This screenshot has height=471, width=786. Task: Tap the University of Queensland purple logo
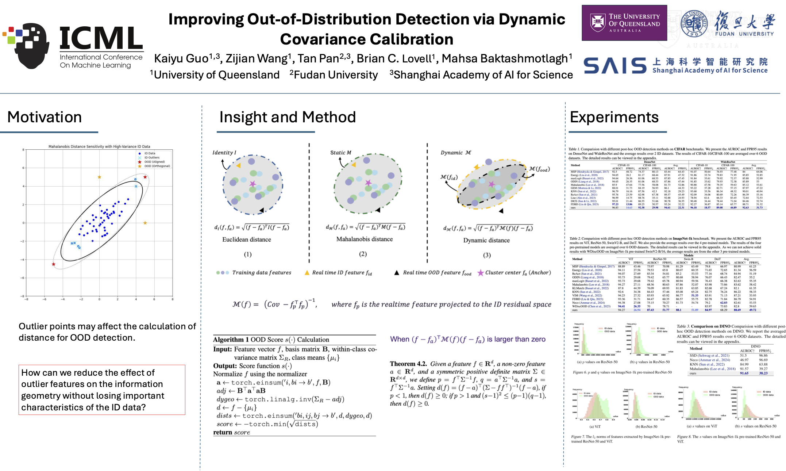624,23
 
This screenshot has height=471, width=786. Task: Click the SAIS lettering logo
615,66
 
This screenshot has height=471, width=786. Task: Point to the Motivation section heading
45,117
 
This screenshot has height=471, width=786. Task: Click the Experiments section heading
614,117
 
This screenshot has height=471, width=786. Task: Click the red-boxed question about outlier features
102,390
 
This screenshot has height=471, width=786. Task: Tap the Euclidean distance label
247,240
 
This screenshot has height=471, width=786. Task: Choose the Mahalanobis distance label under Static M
365,239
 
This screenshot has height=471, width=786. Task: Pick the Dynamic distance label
486,240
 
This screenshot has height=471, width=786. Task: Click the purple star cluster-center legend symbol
481,273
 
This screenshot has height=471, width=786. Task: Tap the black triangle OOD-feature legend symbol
397,273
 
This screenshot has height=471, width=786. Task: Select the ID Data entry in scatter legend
149,154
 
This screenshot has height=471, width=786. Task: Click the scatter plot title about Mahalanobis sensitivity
99,146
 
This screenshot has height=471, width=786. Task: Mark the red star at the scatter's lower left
54,264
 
